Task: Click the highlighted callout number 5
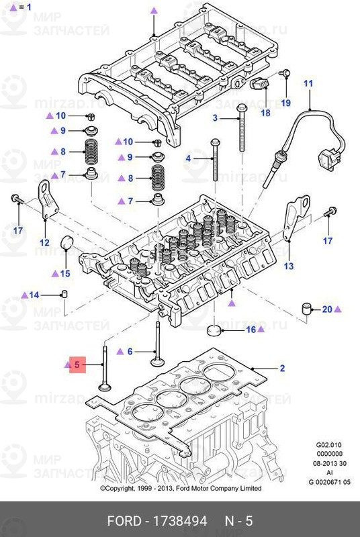click(x=77, y=365)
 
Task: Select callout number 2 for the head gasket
click(x=283, y=369)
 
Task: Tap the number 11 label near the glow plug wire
click(x=308, y=84)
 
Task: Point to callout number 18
click(x=265, y=113)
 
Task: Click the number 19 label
click(x=285, y=103)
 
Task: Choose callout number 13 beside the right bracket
click(x=288, y=266)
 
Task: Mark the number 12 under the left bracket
click(x=44, y=242)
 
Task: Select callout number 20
click(x=327, y=309)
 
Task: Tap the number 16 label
click(x=251, y=330)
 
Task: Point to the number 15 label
click(x=64, y=273)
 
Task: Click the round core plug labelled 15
click(x=68, y=243)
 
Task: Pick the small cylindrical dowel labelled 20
click(x=307, y=310)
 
